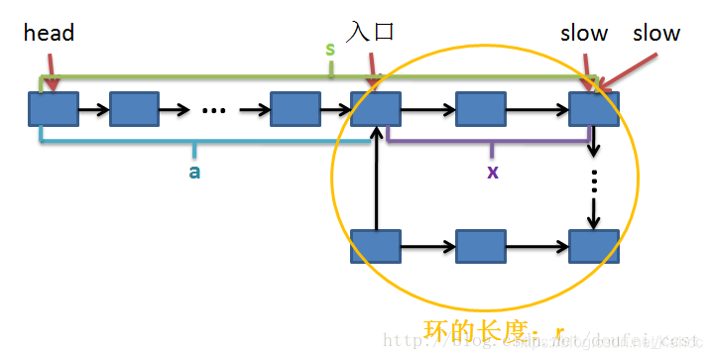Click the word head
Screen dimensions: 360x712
click(49, 33)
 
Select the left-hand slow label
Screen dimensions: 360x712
click(584, 33)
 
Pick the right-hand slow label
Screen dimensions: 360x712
click(656, 33)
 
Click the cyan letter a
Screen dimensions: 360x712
click(193, 171)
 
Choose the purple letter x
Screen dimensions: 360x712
click(492, 171)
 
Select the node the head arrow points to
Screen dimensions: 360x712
click(53, 108)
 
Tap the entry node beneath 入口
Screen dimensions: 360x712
click(375, 108)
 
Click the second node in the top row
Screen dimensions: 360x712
click(134, 108)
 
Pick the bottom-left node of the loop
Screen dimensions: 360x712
click(375, 245)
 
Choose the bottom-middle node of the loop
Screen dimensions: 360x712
click(480, 245)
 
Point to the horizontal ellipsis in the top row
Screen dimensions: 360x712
click(214, 109)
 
